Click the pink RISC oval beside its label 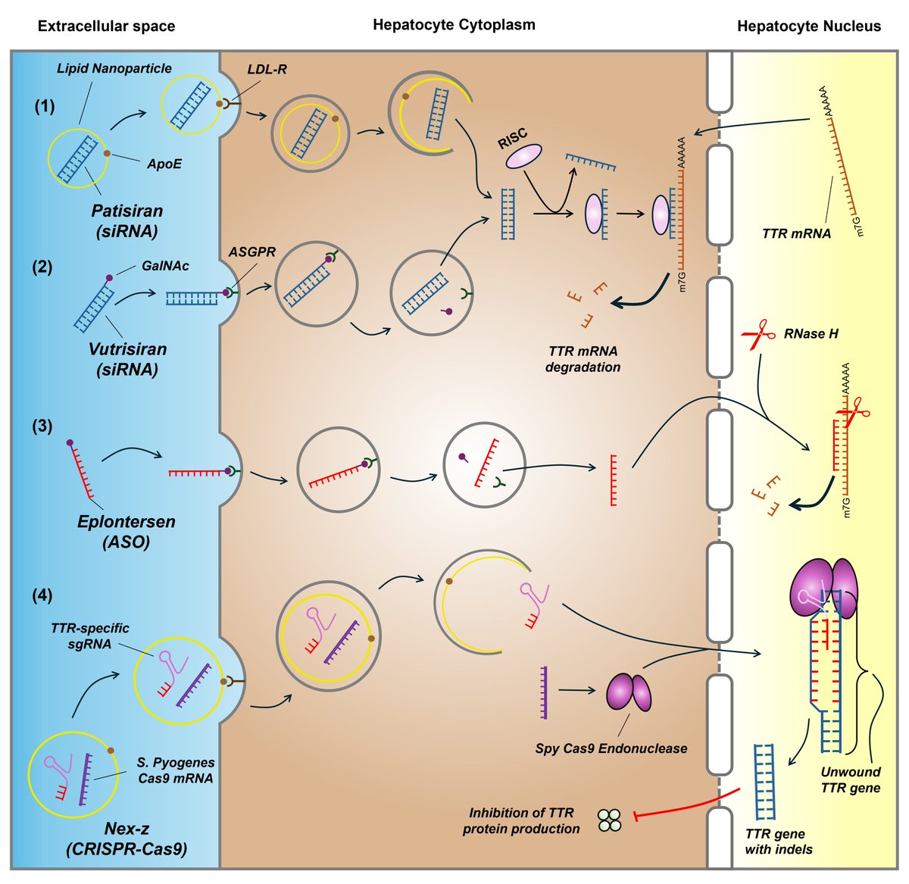point(523,156)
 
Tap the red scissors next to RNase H point(754,334)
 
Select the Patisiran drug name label point(127,211)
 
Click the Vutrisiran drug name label point(127,349)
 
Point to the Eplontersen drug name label point(126,521)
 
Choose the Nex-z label point(127,829)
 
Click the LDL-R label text point(267,70)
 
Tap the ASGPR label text point(251,252)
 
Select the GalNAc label point(165,267)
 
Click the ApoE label point(164,164)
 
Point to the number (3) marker point(42,426)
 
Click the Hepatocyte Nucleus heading point(809,27)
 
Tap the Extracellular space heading point(107,27)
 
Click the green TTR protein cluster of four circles point(610,820)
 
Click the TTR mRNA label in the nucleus point(796,233)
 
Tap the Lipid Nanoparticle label point(114,69)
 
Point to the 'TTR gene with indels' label point(778,842)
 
